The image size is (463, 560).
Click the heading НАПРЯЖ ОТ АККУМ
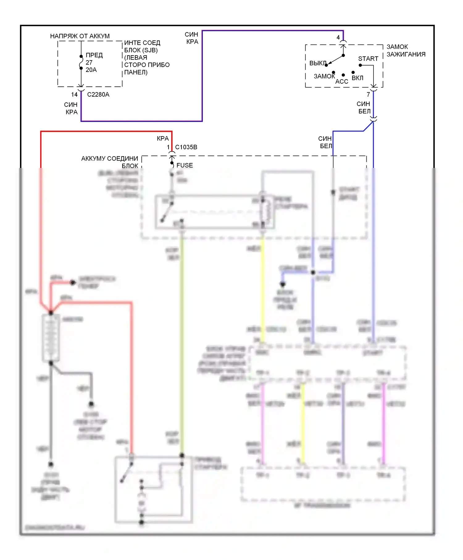tap(80, 36)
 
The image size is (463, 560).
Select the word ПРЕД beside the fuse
tap(94, 55)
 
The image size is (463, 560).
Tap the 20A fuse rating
tap(91, 70)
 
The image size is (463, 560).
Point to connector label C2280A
tap(98, 94)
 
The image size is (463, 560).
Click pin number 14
tap(74, 94)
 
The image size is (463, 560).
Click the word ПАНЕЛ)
tap(136, 73)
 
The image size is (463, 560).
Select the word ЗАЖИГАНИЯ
tap(406, 54)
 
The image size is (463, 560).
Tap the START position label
tap(368, 59)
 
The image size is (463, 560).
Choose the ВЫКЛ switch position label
tap(318, 63)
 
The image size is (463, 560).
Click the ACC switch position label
tap(342, 81)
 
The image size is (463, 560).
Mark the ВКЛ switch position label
tap(357, 78)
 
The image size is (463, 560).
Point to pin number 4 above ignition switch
tap(338, 37)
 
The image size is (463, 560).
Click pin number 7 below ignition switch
tap(368, 94)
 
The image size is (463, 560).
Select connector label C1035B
tap(186, 147)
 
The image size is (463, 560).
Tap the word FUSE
tap(185, 165)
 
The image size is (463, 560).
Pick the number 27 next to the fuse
tap(89, 63)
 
